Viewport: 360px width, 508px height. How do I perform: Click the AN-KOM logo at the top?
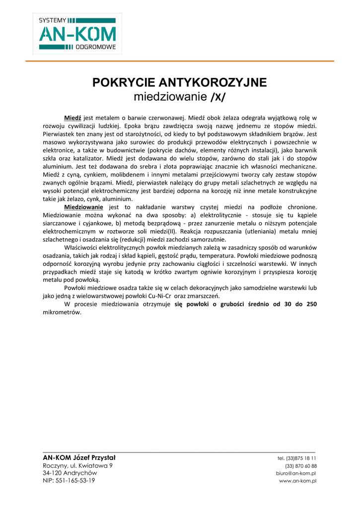77,34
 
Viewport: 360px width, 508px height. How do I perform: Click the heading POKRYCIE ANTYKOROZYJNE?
179,82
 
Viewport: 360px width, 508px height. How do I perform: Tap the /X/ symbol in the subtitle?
217,97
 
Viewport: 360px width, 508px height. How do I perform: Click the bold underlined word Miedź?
72,118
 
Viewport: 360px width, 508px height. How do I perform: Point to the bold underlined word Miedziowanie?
84,207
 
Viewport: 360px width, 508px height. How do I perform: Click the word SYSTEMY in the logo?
53,20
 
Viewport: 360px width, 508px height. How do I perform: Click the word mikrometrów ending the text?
62,313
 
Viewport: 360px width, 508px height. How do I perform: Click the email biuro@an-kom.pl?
297,473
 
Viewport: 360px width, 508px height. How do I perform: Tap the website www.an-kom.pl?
298,481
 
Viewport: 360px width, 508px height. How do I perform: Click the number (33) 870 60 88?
301,466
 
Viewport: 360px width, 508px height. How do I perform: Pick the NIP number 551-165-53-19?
69,481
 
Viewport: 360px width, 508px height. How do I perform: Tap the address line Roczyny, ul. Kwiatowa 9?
77,465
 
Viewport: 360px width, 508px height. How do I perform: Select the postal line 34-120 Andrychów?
70,473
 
